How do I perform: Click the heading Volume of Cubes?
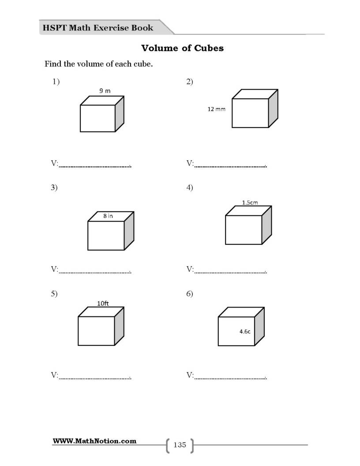182,48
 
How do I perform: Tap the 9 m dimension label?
105,90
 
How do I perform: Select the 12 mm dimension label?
216,109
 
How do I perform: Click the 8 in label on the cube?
108,216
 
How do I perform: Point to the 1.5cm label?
250,203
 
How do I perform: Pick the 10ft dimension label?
103,304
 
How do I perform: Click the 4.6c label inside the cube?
245,331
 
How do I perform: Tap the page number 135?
180,445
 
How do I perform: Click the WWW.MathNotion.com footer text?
94,441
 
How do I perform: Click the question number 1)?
56,82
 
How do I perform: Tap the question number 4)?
190,188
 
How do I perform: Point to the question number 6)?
190,293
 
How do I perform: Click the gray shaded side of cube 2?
273,109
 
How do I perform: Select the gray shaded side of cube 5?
119,326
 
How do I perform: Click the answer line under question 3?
95,273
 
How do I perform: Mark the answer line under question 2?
230,166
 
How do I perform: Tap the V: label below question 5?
54,375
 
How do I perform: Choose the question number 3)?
54,188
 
